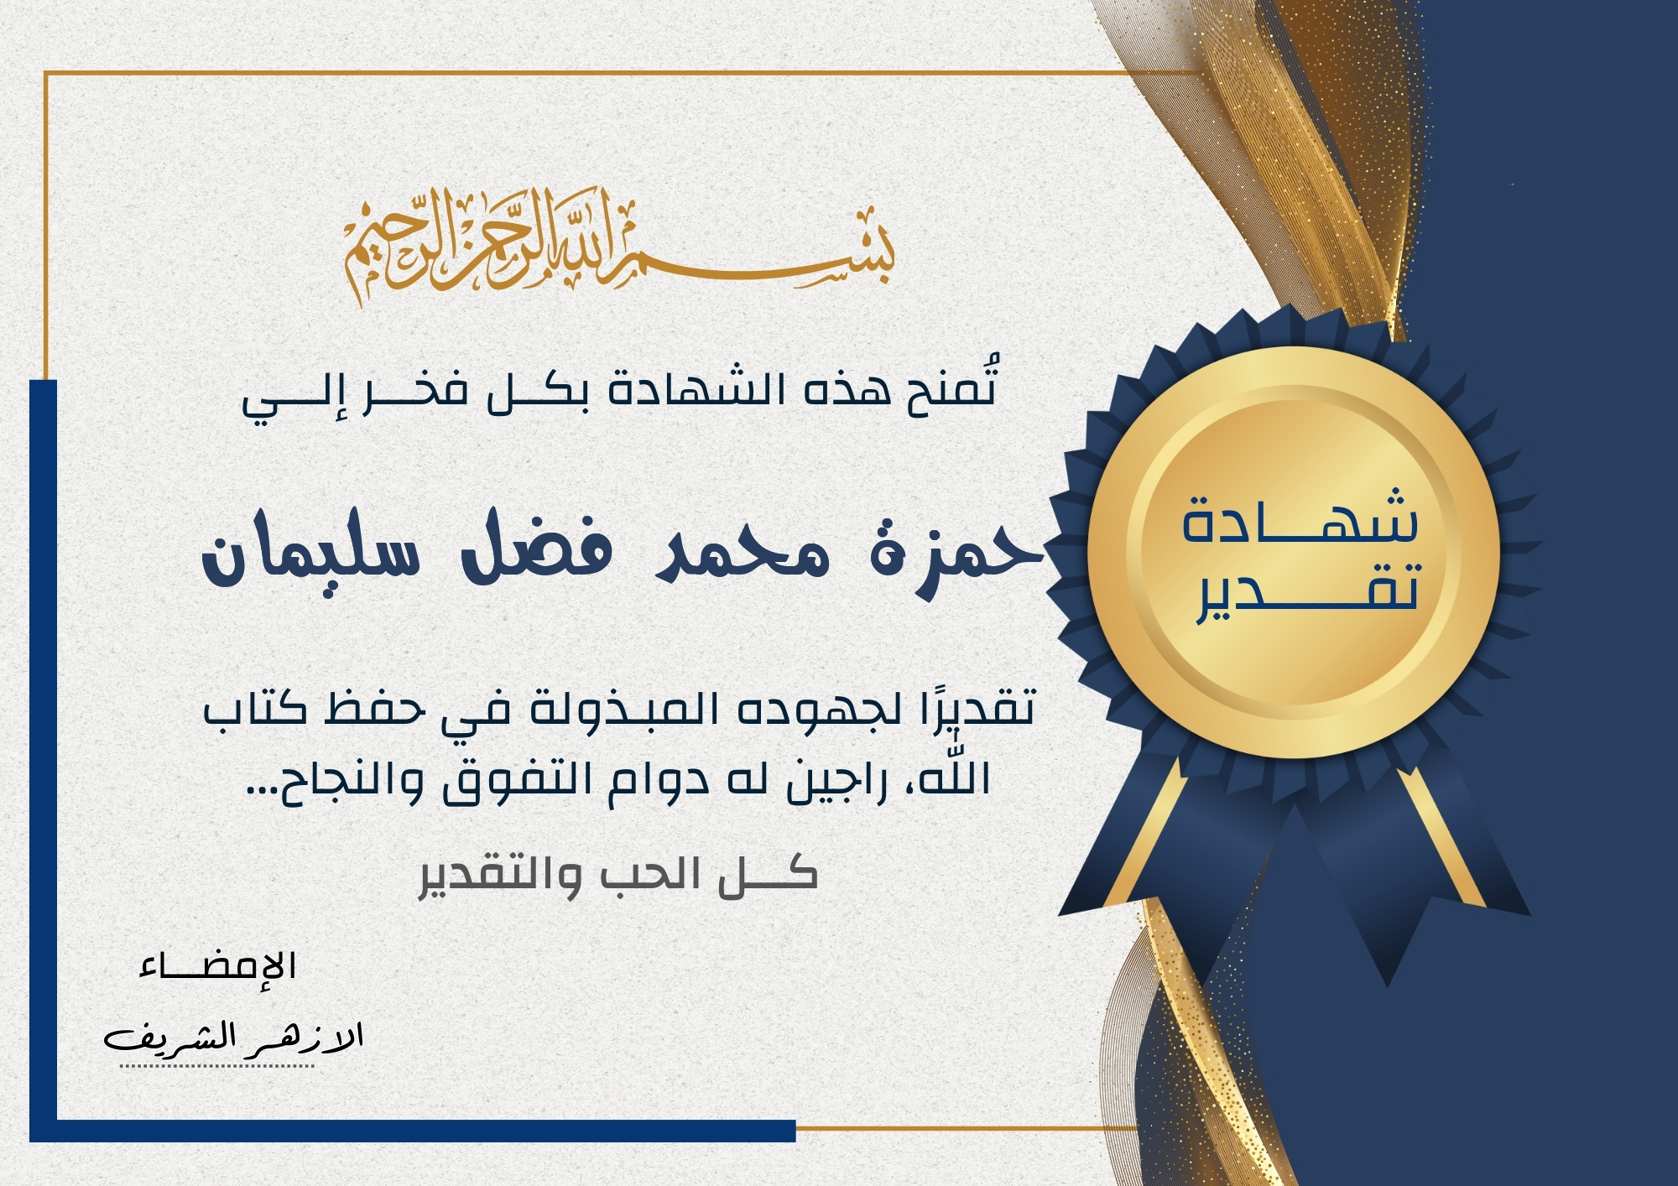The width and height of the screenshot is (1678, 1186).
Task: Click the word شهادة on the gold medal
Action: [x=1300, y=515]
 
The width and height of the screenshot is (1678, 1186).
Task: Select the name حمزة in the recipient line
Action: [x=956, y=554]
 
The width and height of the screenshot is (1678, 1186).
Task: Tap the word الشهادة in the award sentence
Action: [x=696, y=391]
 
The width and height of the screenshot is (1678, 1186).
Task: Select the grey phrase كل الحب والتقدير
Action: [x=618, y=876]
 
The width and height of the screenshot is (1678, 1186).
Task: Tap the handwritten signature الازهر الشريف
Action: [x=233, y=1038]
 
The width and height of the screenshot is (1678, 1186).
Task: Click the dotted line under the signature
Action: [x=216, y=1066]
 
